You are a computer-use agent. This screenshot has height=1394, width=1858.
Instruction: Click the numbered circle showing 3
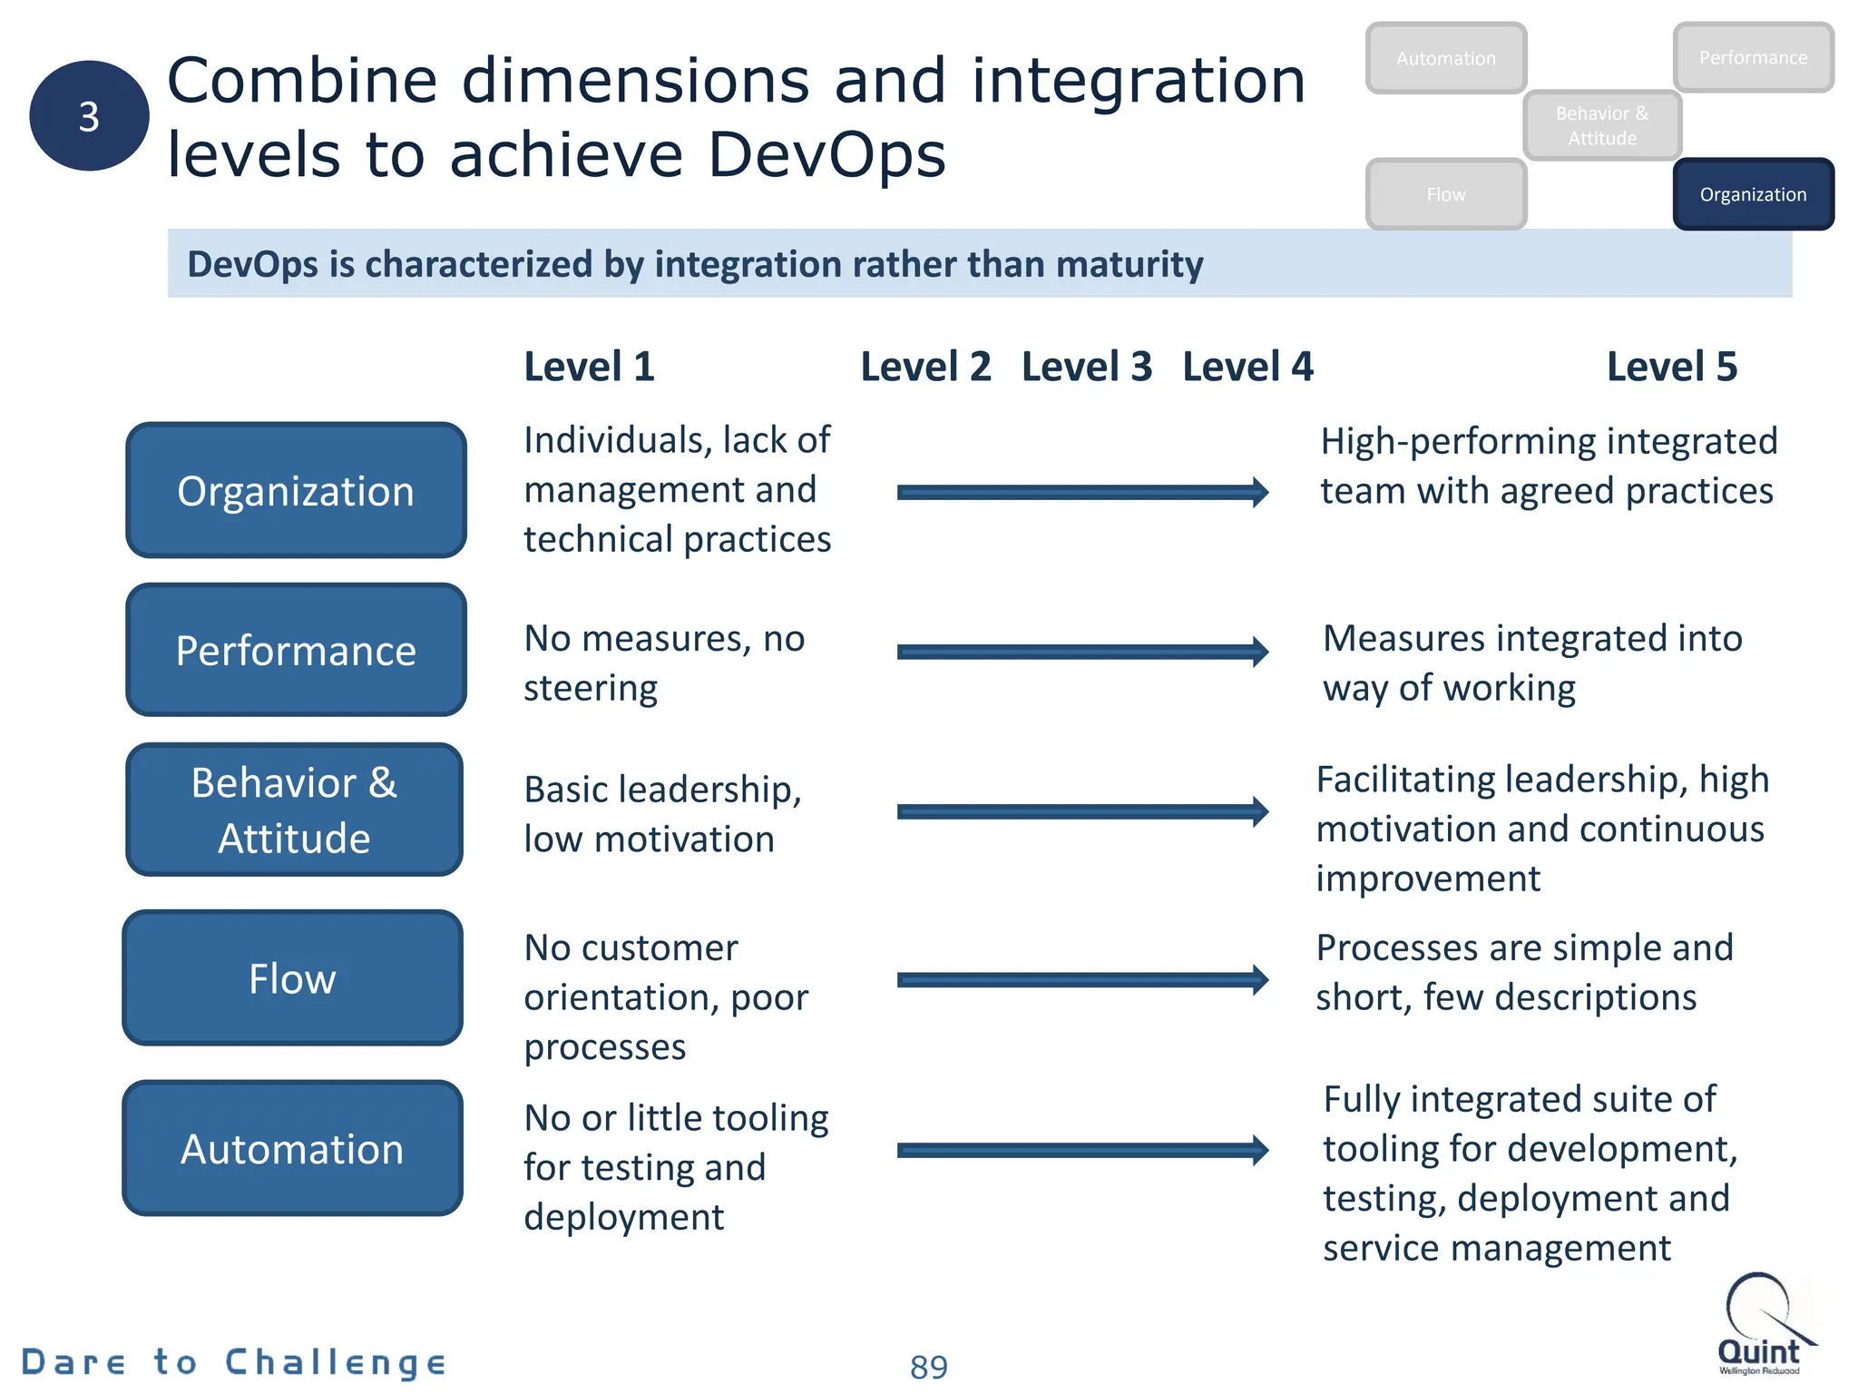tap(89, 116)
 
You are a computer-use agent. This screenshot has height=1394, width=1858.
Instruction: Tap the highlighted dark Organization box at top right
tap(1753, 194)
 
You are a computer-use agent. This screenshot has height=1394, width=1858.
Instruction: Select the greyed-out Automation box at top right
tap(1445, 58)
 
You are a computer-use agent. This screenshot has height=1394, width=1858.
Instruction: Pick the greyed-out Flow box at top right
tap(1445, 194)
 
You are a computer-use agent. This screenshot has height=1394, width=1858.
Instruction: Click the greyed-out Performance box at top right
tap(1753, 58)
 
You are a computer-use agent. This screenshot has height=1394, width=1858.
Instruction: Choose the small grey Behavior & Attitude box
tap(1602, 125)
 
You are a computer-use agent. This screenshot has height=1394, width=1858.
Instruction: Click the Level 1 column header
tap(589, 367)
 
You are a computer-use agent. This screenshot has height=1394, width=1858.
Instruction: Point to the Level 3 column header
tap(1086, 367)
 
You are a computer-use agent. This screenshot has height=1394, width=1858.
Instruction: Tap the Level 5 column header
tap(1671, 367)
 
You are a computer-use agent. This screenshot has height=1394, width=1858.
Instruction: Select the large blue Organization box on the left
tap(296, 490)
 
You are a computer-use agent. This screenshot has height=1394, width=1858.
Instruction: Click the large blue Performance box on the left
tap(296, 650)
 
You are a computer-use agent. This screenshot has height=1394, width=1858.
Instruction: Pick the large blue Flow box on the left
tap(292, 978)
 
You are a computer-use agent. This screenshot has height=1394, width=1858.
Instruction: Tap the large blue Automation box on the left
tap(292, 1148)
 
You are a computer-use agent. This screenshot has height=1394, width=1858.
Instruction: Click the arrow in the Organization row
tap(1082, 492)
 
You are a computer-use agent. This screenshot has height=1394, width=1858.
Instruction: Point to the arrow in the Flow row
tap(1082, 979)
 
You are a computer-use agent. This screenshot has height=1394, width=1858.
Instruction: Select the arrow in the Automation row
tap(1082, 1150)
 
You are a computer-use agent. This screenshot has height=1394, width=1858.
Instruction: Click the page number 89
tap(928, 1367)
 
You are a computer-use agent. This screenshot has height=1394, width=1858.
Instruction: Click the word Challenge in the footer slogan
tap(336, 1362)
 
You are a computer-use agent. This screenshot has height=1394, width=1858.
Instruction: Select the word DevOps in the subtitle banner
tap(252, 264)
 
